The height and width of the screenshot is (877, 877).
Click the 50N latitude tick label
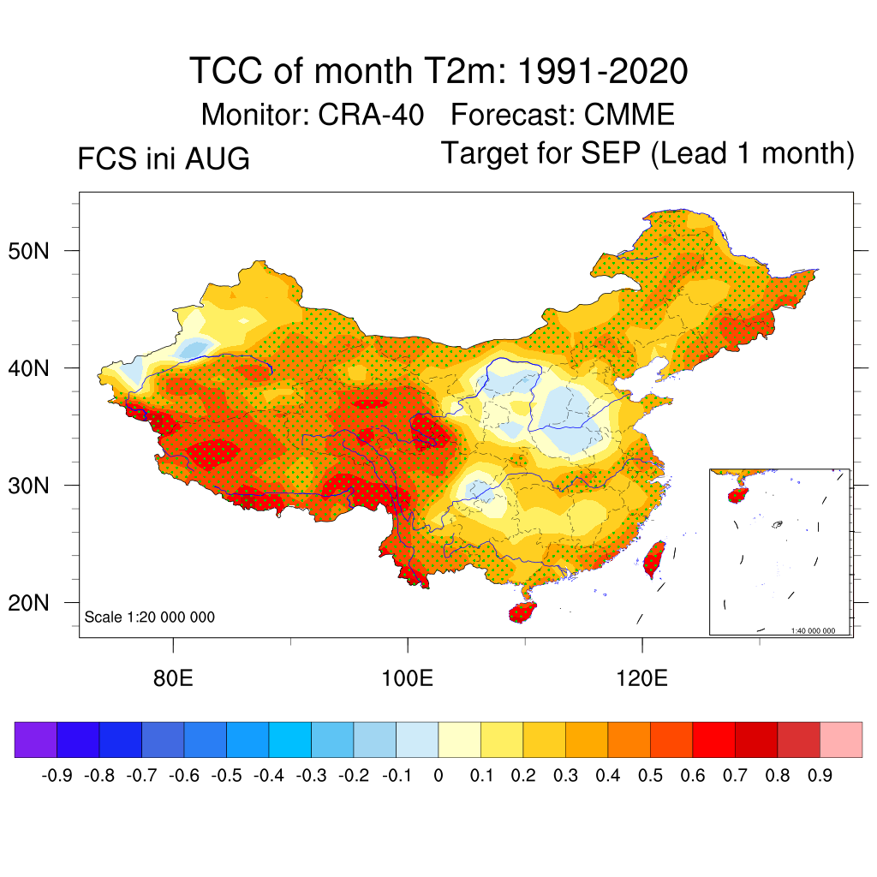tap(28, 251)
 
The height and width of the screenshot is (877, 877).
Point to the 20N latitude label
tap(28, 603)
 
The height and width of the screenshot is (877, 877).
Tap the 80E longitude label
tap(173, 678)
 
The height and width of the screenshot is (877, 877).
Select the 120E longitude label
tap(642, 678)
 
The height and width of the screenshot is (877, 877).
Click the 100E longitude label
tap(407, 678)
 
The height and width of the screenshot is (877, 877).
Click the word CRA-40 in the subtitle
tap(371, 115)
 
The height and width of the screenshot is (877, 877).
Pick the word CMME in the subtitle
tap(629, 115)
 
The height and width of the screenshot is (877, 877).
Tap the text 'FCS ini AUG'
tap(164, 158)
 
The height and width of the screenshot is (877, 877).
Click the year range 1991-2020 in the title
tap(602, 71)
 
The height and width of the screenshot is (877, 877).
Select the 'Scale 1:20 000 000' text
tap(149, 617)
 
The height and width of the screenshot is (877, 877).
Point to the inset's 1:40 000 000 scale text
tap(813, 631)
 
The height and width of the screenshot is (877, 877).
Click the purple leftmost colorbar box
tap(36, 739)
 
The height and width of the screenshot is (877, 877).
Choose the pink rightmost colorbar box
tap(841, 739)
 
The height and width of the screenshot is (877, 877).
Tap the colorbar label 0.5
tap(650, 776)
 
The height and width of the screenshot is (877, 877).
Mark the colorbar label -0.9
tap(57, 776)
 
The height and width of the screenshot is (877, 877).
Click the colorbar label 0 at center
tap(438, 776)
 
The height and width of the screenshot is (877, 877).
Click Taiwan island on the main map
tap(653, 558)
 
